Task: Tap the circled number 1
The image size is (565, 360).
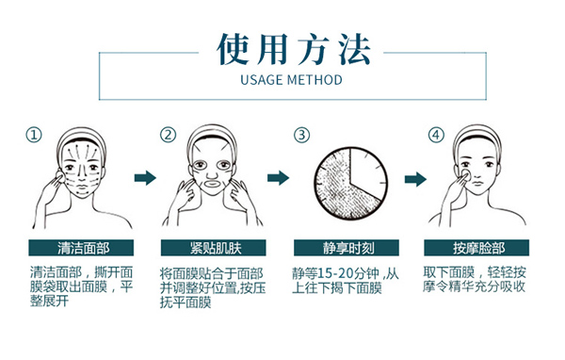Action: tap(35, 135)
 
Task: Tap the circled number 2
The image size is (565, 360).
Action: tap(168, 135)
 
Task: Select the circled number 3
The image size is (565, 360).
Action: tap(302, 135)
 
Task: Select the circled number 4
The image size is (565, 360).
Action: tap(434, 135)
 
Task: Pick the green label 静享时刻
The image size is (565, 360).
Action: tap(349, 248)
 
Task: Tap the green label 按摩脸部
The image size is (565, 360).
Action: tap(482, 248)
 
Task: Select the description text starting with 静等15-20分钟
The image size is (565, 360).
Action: tap(349, 280)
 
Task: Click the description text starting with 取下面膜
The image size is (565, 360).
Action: tap(482, 280)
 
